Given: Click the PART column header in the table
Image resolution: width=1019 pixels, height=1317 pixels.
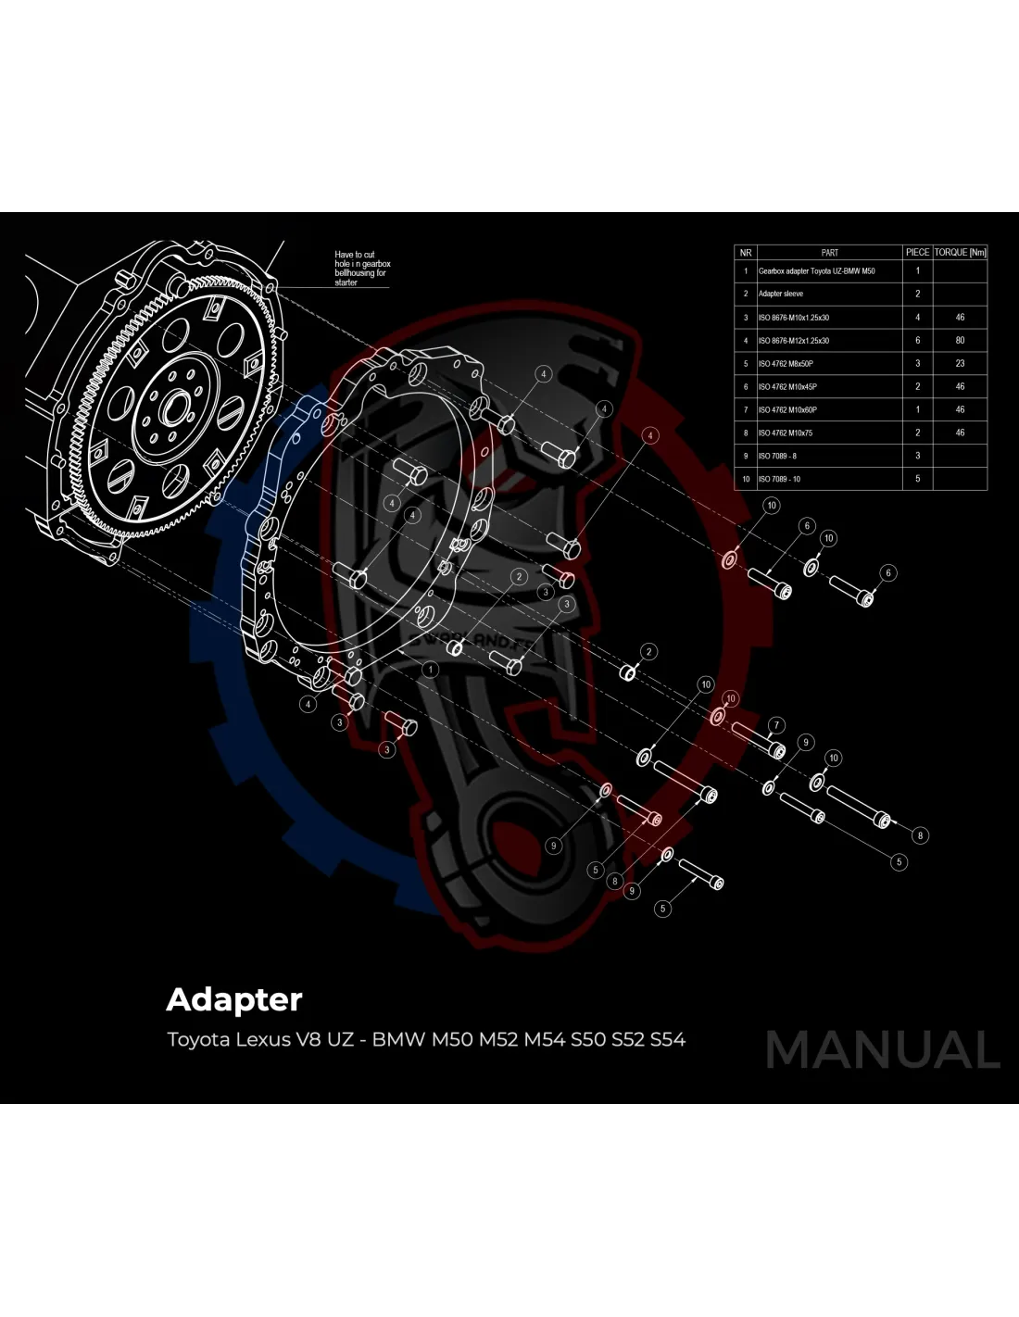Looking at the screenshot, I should [x=829, y=252].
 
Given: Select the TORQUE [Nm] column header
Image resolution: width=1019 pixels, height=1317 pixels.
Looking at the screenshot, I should [x=960, y=252].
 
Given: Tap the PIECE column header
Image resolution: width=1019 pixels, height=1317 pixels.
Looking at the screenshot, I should [x=917, y=252].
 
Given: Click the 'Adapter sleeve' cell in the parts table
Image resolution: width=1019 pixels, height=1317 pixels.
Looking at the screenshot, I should [x=781, y=294].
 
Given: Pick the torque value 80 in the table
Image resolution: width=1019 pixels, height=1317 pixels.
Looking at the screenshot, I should [x=960, y=340].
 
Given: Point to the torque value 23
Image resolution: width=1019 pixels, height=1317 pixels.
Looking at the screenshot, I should [x=960, y=363].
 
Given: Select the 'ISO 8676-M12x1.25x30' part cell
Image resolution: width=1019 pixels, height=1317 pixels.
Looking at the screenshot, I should [x=794, y=341].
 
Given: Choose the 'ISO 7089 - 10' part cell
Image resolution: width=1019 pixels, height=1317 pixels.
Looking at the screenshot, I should [x=779, y=479].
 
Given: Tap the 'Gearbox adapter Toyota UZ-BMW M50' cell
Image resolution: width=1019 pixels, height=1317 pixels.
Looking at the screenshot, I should [x=816, y=271].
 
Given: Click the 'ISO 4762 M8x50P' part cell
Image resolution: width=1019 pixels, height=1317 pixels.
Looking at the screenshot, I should [x=786, y=364].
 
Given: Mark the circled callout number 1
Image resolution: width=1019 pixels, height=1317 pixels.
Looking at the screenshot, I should [x=430, y=668].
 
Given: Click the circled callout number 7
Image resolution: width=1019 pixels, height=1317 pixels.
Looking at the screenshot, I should [x=776, y=725].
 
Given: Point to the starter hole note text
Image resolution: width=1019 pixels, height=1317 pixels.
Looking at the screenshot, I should [x=360, y=269].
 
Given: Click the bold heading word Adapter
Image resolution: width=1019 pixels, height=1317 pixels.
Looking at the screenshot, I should [x=234, y=1000].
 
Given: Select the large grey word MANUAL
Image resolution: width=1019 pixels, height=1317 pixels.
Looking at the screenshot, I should [x=882, y=1050].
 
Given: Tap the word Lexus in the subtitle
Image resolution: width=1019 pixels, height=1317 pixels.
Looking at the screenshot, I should [x=262, y=1039].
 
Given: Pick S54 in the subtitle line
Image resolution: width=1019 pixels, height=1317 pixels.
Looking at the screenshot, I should [x=668, y=1039].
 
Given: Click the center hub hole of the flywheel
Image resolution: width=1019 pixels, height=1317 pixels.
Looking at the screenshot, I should [x=172, y=405].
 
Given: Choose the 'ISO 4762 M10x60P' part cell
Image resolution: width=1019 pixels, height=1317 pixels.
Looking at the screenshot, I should [x=787, y=409].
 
